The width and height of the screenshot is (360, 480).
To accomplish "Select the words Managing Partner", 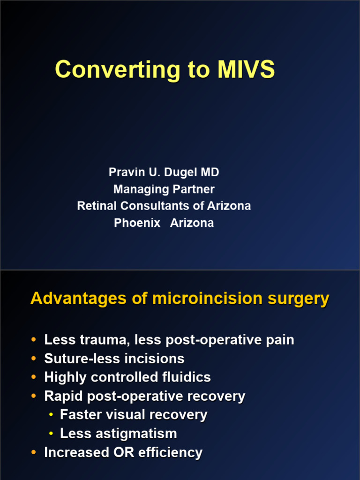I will pos(164,189).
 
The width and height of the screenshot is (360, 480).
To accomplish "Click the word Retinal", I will pos(97,206).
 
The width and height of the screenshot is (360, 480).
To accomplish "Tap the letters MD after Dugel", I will pos(210,172).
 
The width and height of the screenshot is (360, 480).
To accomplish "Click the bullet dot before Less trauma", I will pos(33,339).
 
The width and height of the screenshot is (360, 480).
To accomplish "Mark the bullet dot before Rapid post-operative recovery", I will pos(33,396).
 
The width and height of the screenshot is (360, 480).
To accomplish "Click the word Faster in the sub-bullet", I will pos(82,415).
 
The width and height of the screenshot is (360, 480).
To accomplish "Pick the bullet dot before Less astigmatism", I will pos(51,434).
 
